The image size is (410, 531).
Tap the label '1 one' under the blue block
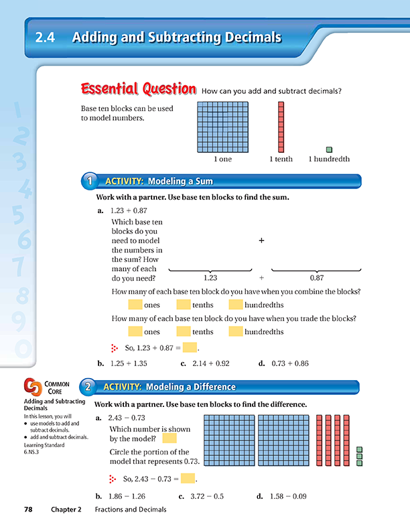[x=224, y=160]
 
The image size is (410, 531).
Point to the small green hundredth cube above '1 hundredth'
[x=329, y=149]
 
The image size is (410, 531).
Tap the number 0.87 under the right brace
[x=316, y=277]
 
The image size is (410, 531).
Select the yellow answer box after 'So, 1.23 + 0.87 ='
[x=190, y=347]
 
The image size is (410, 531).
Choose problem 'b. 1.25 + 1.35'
[x=122, y=364]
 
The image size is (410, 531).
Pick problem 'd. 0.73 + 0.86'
[x=284, y=364]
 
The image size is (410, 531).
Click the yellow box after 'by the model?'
[x=169, y=438]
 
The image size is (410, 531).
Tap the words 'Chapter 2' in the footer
[x=66, y=510]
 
